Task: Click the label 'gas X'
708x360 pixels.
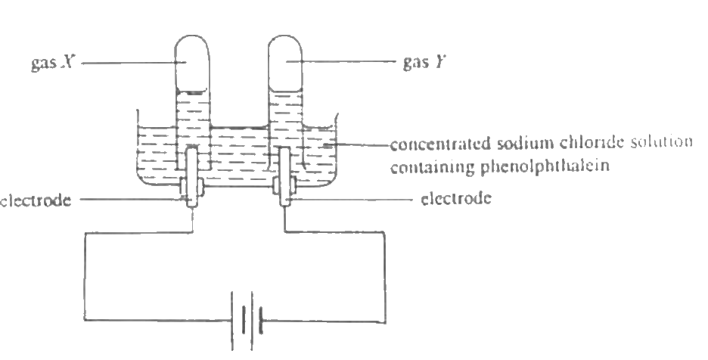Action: [x=52, y=62]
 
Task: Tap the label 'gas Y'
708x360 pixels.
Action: [x=424, y=61]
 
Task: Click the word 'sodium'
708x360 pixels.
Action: [x=525, y=143]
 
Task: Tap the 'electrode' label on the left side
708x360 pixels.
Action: [x=36, y=200]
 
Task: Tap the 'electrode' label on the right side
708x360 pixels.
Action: [x=456, y=198]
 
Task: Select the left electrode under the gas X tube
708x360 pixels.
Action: [x=192, y=177]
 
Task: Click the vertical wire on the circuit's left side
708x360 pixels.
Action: [x=85, y=277]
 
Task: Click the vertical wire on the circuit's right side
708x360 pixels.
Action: [x=385, y=278]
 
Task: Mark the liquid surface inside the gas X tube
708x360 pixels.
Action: [x=192, y=92]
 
